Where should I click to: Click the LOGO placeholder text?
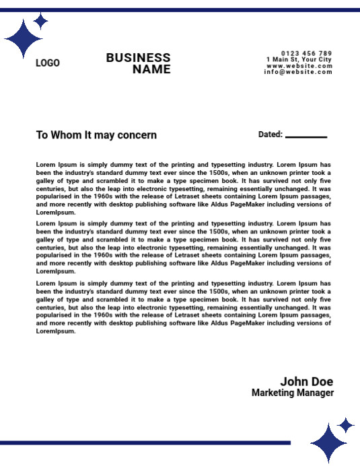coord(47,63)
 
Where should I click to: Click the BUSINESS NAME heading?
coord(138,63)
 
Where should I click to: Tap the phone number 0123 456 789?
coord(306,53)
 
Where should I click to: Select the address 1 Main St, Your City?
coord(299,60)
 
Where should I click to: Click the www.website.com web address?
coord(299,66)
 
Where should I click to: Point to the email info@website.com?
coord(298,72)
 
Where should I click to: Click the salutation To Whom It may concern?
coord(96,135)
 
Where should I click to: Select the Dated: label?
coord(270,134)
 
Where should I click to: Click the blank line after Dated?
coord(306,137)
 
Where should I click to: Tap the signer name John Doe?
coord(306,382)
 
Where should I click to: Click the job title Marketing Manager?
coord(292,393)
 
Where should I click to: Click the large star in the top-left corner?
coord(23,39)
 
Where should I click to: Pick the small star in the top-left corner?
coord(41,21)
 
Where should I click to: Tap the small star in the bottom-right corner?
coord(346,425)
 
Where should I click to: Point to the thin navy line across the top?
coord(180,10)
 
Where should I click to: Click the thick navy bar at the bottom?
coord(145,442)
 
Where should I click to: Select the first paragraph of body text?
coord(184,188)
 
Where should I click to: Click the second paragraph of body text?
coord(184,247)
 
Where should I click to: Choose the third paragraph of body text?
coord(184,307)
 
